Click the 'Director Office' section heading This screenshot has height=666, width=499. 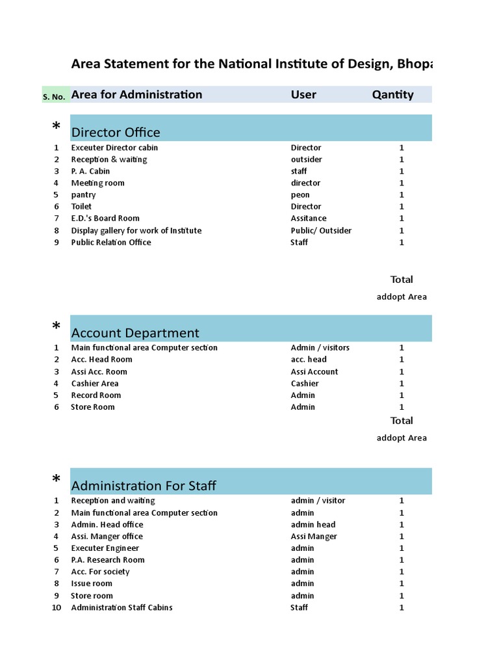(116, 133)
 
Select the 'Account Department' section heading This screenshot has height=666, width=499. (135, 333)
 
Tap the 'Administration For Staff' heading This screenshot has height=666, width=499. (144, 486)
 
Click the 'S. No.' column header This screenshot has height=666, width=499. (54, 96)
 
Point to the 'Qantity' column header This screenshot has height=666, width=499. (392, 94)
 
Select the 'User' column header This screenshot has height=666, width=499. (303, 94)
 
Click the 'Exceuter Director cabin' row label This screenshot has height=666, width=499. (114, 148)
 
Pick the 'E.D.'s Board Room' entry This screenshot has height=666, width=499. (105, 219)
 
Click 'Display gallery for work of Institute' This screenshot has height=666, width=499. (136, 230)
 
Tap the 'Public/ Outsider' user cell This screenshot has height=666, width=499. (322, 230)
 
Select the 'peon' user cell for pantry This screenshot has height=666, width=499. (300, 195)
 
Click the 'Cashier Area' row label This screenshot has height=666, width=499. (95, 384)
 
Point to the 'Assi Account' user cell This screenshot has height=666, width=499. (314, 372)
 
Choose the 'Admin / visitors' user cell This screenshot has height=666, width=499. (320, 348)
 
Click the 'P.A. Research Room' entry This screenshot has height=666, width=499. (108, 560)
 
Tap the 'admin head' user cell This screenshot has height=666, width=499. (313, 525)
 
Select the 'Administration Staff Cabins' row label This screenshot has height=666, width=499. (122, 607)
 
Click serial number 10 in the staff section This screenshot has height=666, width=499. (57, 607)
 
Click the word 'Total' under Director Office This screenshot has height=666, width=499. (402, 280)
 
